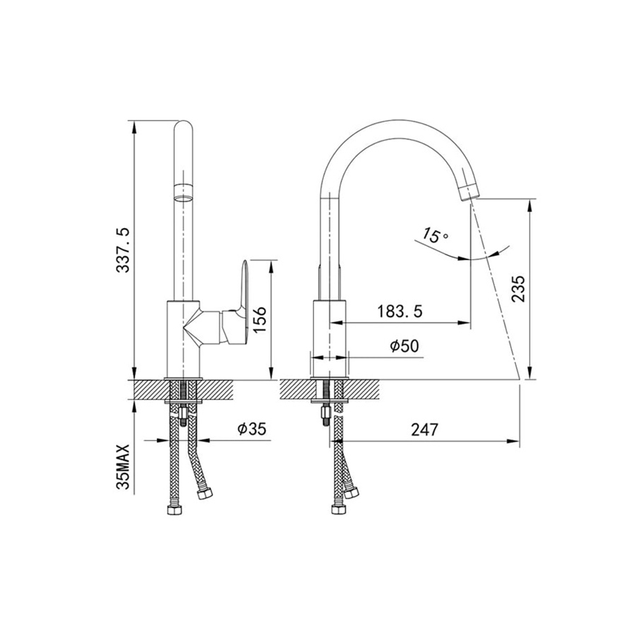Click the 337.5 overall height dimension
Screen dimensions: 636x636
click(x=123, y=249)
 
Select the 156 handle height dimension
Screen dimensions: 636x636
click(x=259, y=320)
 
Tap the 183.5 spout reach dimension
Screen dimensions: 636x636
click(x=400, y=311)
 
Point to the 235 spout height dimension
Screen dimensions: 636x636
click(x=518, y=288)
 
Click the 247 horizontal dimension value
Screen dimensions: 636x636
click(x=425, y=429)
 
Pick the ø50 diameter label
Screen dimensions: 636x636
click(x=404, y=346)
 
